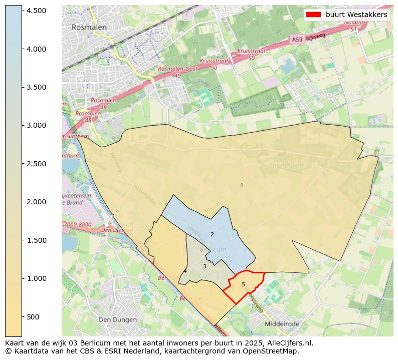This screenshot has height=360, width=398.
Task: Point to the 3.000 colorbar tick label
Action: [37, 125]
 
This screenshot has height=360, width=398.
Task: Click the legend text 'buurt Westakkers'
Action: [356, 15]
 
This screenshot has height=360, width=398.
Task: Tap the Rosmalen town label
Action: [89, 28]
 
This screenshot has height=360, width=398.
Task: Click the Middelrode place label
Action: [282, 323]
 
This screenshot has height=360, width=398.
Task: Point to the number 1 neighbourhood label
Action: [242, 185]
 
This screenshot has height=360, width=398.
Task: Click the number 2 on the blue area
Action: [212, 234]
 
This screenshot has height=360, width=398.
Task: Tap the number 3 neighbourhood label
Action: [205, 266]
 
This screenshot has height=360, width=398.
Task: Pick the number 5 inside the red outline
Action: [243, 284]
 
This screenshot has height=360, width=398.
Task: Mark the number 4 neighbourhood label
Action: [185, 271]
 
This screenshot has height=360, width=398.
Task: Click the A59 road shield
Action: [296, 39]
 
